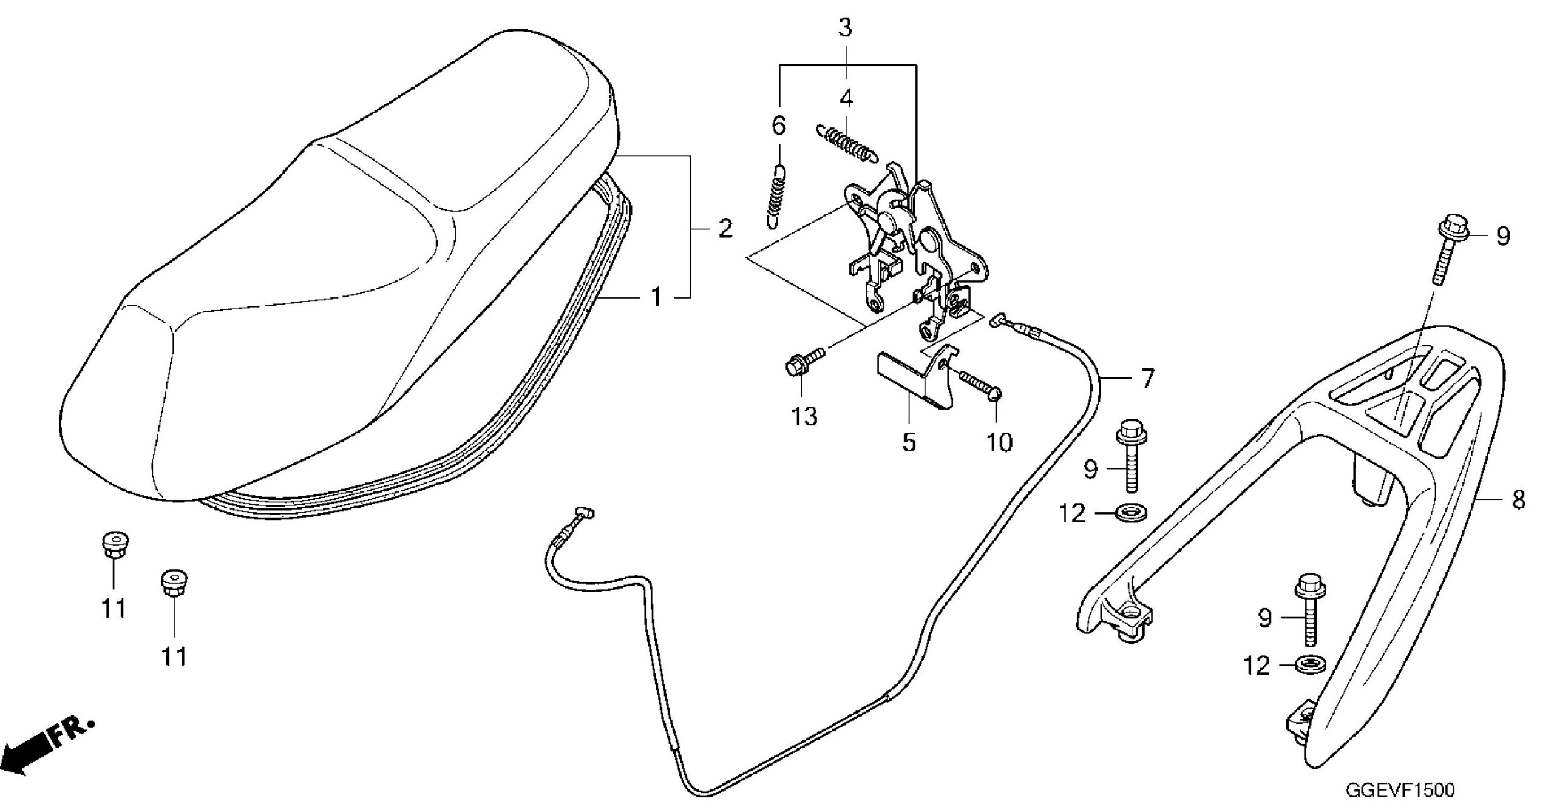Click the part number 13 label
804,417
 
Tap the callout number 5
908,442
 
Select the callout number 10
999,442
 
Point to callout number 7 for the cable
1147,379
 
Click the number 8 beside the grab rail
1518,500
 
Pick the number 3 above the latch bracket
845,28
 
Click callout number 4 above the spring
846,97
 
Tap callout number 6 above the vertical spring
778,126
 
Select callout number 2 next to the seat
725,229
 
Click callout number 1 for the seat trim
656,297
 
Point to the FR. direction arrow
46,750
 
